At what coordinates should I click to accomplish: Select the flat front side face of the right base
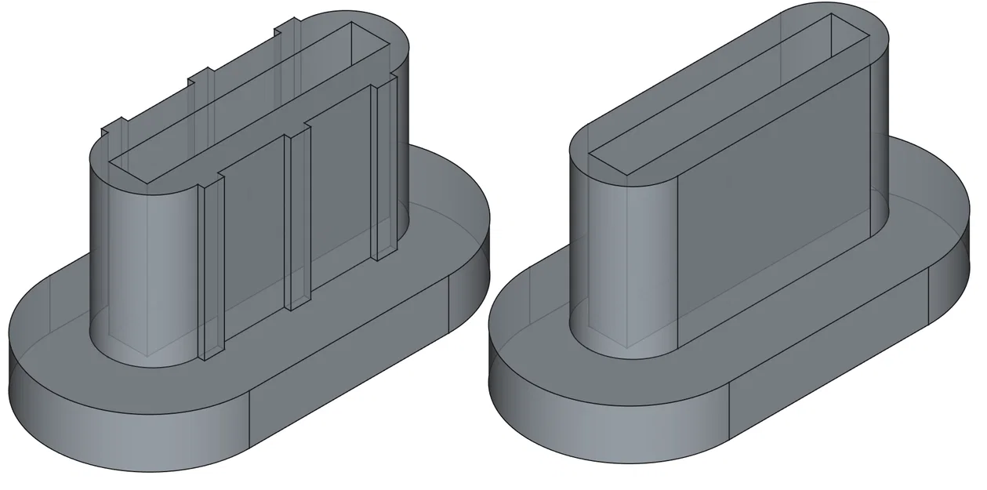[x=831, y=353]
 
